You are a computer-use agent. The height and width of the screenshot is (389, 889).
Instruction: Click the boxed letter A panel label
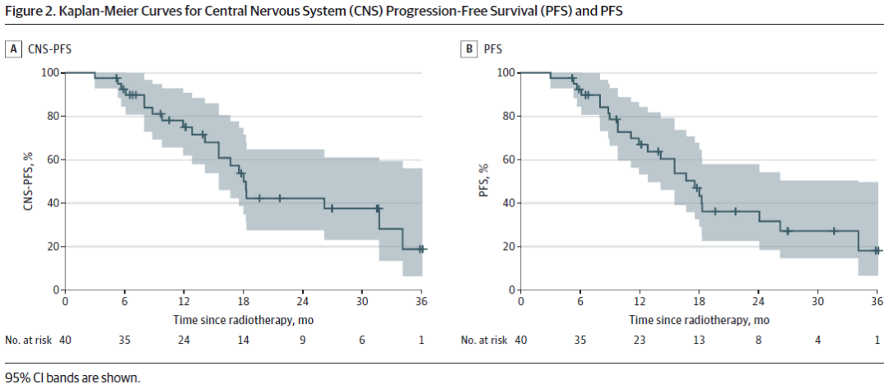[x=13, y=49]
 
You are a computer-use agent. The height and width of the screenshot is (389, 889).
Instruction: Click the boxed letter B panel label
[x=469, y=49]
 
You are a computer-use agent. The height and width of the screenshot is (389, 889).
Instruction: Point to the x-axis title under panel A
[x=243, y=318]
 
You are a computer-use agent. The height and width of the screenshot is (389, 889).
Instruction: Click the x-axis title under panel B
[x=699, y=318]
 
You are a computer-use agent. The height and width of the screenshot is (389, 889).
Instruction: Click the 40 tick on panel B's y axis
[x=509, y=203]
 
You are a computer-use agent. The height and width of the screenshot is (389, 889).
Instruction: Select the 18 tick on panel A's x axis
[x=244, y=301]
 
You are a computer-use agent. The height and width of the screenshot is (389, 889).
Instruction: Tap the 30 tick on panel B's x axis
[x=818, y=301]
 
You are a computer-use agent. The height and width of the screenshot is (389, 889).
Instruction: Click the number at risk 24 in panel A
[x=184, y=340]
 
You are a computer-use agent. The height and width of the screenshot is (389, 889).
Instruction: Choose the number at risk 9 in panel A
[x=303, y=340]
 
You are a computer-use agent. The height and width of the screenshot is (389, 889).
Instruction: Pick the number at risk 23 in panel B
[x=640, y=340]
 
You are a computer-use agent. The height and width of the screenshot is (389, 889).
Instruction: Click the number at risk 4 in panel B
[x=818, y=340]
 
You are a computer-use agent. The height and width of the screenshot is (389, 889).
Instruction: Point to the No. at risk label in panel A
[x=27, y=340]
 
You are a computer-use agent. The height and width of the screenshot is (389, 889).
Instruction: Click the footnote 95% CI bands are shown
[x=72, y=377]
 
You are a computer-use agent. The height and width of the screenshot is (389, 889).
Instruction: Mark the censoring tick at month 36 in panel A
[x=421, y=248]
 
